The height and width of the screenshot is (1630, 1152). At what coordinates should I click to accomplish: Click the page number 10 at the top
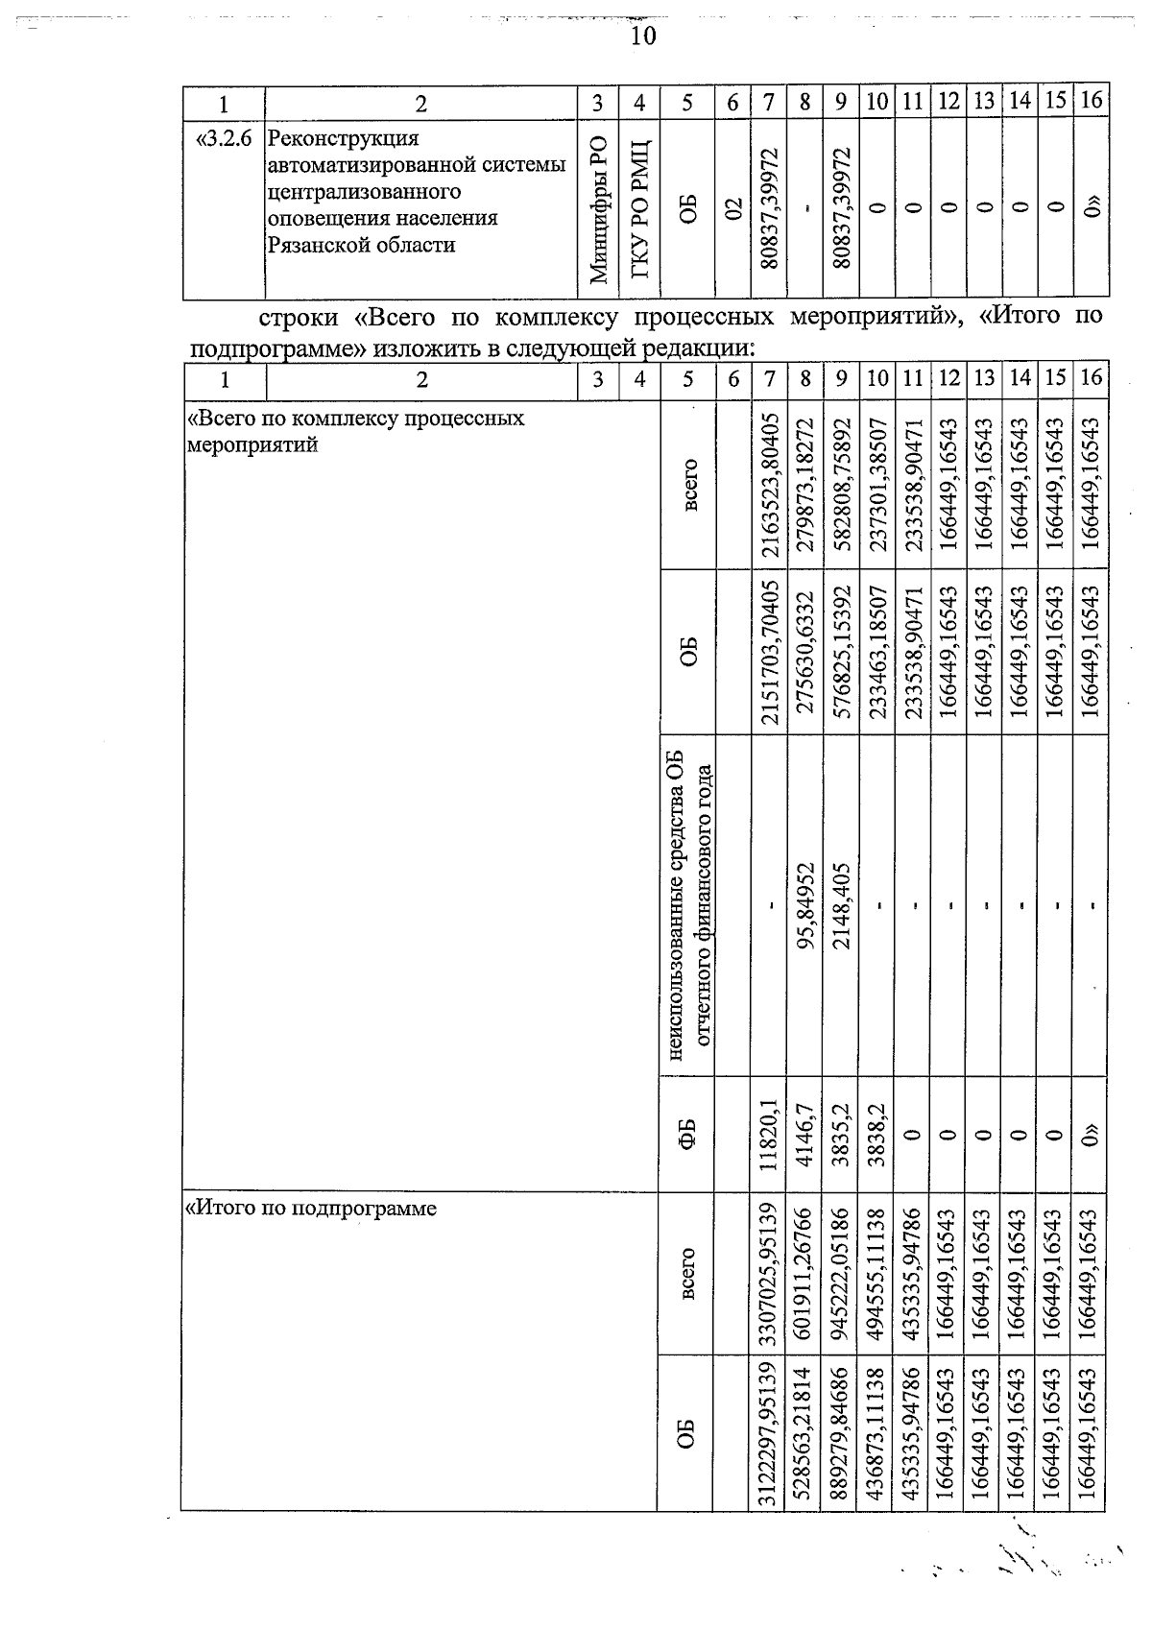point(642,36)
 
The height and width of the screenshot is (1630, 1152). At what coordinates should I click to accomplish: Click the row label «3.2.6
point(223,139)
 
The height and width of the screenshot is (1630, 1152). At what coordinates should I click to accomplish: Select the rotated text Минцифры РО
point(598,210)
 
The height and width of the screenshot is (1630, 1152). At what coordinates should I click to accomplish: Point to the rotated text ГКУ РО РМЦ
point(640,210)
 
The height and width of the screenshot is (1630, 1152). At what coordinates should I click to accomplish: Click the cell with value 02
point(732,210)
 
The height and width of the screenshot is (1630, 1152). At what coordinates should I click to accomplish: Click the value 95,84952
point(804,903)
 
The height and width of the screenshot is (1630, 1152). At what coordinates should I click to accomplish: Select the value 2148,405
point(841,903)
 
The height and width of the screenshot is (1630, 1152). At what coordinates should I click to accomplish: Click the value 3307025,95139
point(768,1276)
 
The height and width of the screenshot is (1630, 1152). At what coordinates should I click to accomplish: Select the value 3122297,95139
point(768,1435)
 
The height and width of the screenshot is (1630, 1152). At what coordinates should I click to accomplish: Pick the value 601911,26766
point(804,1276)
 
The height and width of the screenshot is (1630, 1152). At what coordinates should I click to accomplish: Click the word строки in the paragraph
point(297,316)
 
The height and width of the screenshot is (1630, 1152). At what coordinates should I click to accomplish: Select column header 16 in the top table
point(1091,100)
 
